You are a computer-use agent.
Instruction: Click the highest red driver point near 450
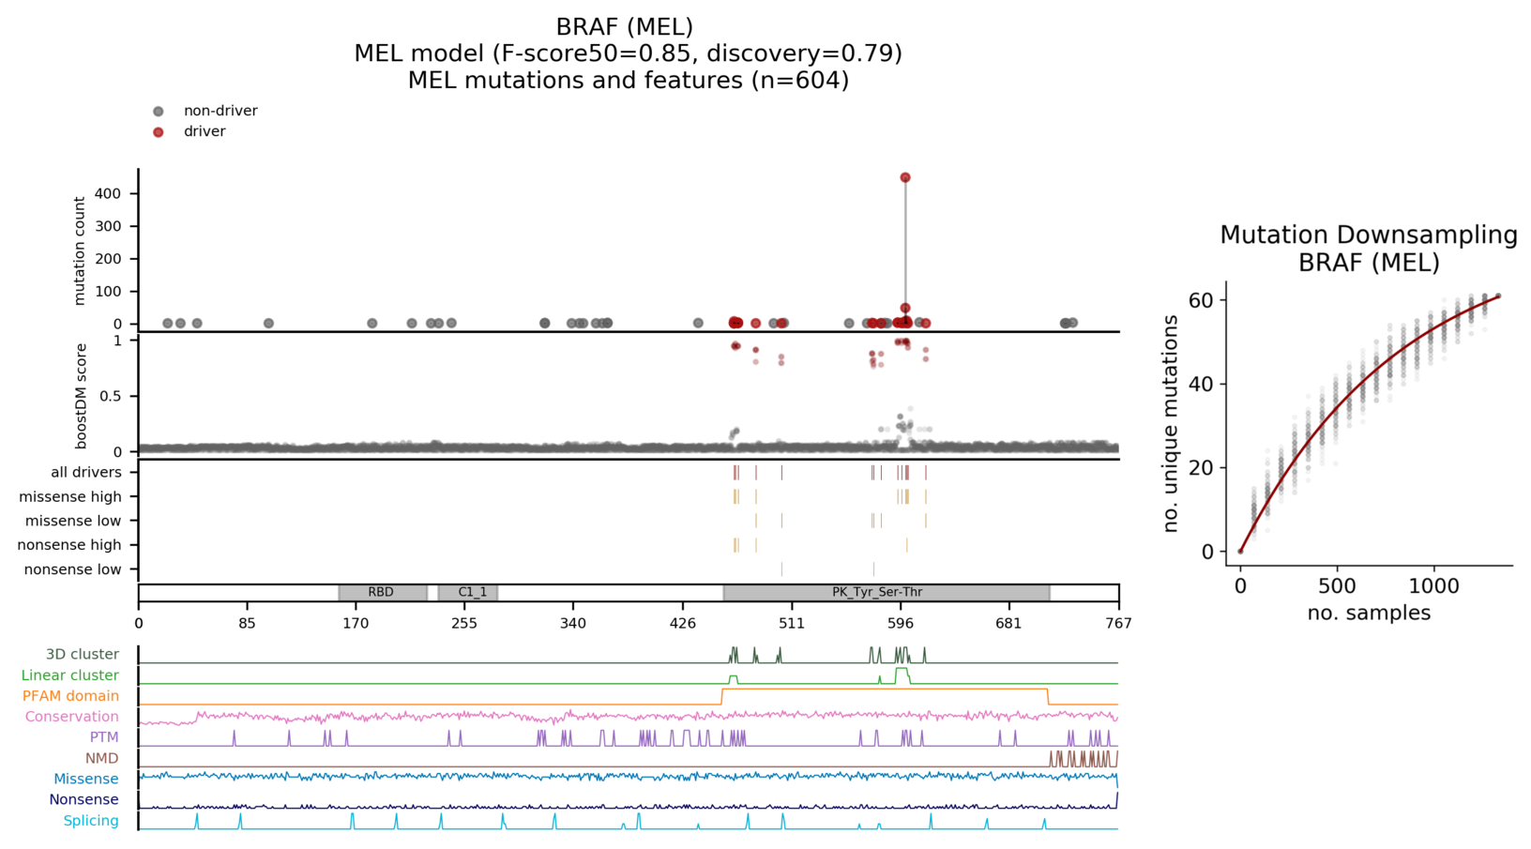tap(905, 177)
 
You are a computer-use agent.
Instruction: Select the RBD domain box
tap(382, 593)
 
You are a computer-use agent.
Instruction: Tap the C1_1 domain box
tap(467, 593)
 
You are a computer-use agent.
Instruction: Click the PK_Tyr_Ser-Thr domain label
tap(877, 593)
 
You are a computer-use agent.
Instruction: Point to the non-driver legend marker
tap(159, 112)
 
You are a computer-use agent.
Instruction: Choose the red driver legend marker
tap(159, 132)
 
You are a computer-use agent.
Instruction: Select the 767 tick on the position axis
tap(1118, 623)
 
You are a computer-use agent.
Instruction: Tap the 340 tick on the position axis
tap(573, 623)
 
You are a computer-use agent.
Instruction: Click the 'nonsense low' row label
tap(72, 569)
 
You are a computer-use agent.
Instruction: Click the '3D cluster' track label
tap(83, 655)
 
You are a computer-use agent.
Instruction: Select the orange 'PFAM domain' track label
tap(70, 696)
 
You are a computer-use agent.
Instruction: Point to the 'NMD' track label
tap(101, 758)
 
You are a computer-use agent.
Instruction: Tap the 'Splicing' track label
tap(91, 821)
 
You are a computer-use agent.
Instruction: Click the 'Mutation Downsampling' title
tap(1368, 235)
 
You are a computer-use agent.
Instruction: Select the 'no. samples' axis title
tap(1369, 614)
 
